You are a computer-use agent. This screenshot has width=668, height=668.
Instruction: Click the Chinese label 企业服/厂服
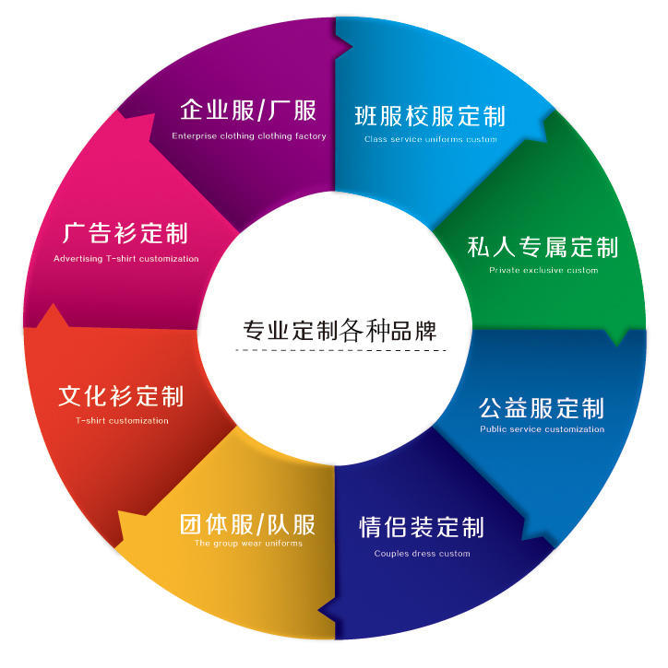click(248, 111)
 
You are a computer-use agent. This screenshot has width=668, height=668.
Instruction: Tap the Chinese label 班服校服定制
click(430, 117)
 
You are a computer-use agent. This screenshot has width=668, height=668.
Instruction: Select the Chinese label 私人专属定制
click(543, 247)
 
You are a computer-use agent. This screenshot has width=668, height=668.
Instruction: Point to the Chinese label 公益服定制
click(542, 407)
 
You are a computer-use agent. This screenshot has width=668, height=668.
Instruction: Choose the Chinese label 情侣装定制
click(422, 528)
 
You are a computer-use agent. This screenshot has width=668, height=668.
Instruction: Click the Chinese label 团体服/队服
click(247, 525)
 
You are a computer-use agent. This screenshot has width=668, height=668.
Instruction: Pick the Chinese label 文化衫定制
click(121, 396)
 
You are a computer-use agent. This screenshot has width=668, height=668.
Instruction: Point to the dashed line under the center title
click(339, 350)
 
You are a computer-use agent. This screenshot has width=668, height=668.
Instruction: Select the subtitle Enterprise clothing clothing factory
click(249, 136)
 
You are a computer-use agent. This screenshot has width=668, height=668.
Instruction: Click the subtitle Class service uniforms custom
click(430, 140)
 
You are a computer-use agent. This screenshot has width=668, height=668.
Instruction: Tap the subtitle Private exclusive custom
click(543, 271)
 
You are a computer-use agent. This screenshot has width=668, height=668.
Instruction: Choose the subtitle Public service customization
click(543, 429)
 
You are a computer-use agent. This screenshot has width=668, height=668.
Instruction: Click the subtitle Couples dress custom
click(422, 554)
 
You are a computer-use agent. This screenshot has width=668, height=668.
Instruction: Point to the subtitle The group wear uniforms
click(248, 544)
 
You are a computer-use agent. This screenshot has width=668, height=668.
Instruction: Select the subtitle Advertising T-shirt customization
click(125, 259)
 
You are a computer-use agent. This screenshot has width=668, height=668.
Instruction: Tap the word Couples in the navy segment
click(389, 554)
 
